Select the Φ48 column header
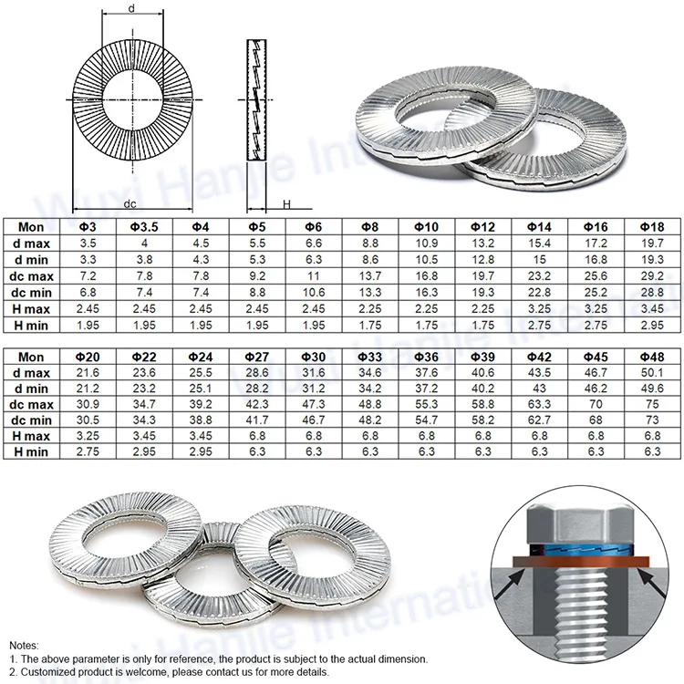tap(652, 358)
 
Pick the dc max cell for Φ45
tap(596, 403)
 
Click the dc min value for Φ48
tap(652, 420)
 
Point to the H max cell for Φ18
tap(652, 309)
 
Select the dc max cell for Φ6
tap(314, 275)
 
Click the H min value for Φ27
tap(257, 451)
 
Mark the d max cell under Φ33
tap(370, 374)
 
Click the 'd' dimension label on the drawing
tap(133, 8)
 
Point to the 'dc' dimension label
tap(130, 204)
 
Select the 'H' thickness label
tap(285, 205)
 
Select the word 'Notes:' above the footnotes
tap(25, 645)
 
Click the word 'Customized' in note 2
tap(48, 671)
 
